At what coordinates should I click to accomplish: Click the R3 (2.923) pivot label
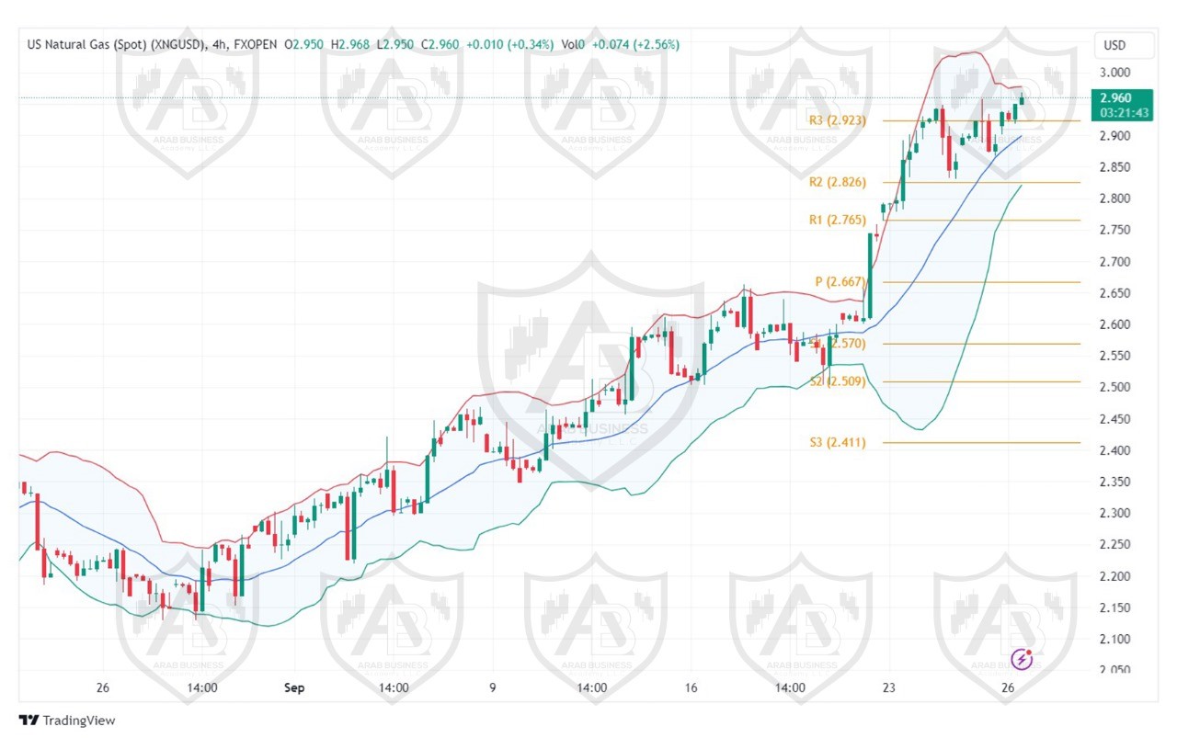[x=837, y=120]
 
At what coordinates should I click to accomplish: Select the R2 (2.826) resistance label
[x=837, y=182]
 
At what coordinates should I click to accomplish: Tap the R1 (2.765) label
[x=837, y=221]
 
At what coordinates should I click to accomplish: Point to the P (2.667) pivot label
[x=840, y=282]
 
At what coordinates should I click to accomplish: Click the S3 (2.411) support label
[x=837, y=443]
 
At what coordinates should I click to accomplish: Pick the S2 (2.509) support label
[x=838, y=381]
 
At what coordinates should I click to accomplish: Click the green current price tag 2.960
[x=1114, y=97]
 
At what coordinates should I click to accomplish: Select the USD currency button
[x=1114, y=45]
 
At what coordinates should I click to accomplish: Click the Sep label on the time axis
[x=294, y=687]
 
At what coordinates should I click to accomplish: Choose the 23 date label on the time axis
[x=888, y=687]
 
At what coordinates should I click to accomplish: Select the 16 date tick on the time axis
[x=691, y=687]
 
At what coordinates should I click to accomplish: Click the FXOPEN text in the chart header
[x=257, y=44]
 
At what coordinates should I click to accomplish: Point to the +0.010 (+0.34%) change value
[x=509, y=44]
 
